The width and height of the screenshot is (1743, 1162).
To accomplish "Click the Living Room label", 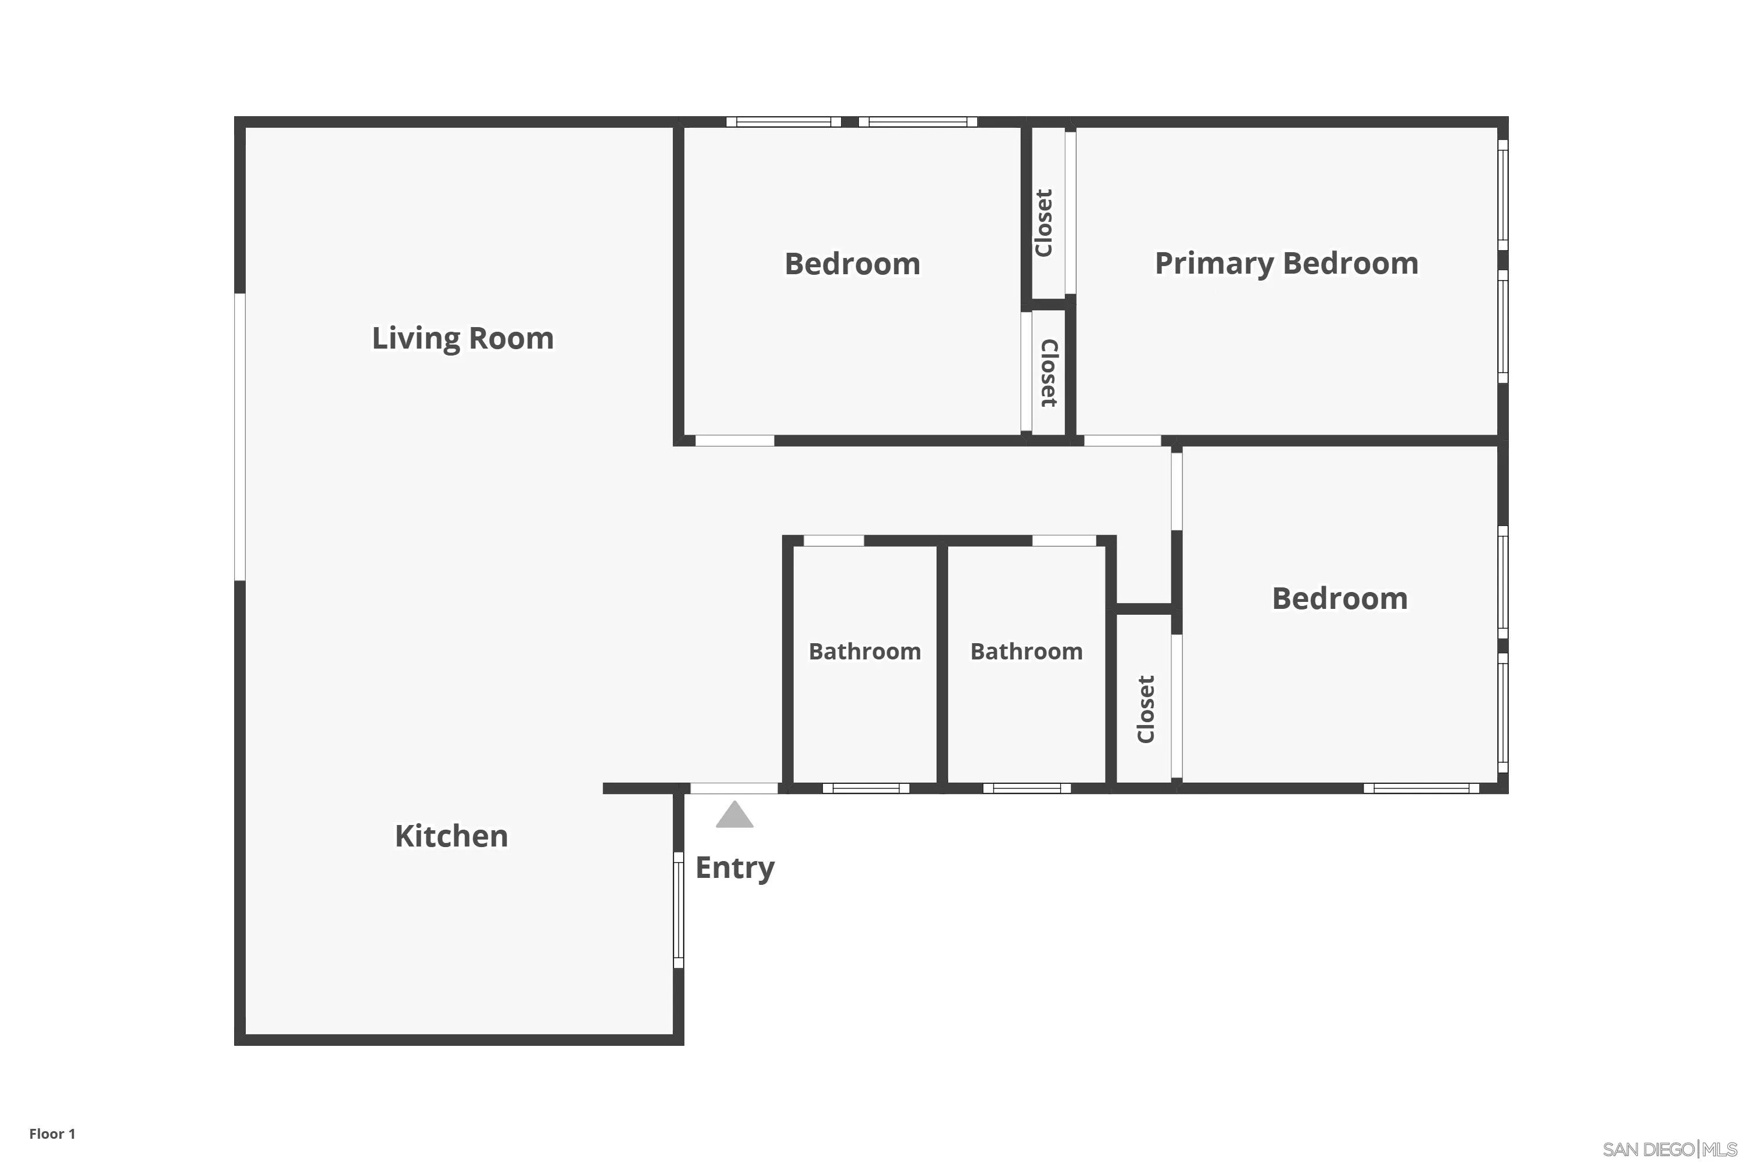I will tap(462, 339).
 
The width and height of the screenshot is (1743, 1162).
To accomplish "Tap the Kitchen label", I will tap(451, 837).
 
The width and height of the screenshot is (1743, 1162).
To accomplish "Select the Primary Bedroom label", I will tap(1286, 264).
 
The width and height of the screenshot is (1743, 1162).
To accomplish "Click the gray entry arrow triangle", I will tap(734, 815).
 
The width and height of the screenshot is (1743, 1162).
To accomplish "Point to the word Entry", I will tap(734, 868).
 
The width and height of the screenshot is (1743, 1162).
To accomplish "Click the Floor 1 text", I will tap(52, 1134).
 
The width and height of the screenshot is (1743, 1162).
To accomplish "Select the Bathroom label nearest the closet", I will tap(1027, 651).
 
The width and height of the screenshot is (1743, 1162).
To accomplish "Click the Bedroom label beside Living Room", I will tap(852, 264).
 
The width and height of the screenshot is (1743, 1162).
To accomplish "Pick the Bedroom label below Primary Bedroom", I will tap(1340, 599).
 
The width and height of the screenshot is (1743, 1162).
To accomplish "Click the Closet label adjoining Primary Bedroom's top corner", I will tap(1043, 223).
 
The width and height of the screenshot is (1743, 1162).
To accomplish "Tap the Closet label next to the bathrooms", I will tap(1146, 709).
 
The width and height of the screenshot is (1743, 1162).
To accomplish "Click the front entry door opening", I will tap(734, 788).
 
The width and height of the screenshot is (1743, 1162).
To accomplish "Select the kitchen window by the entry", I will tap(678, 910).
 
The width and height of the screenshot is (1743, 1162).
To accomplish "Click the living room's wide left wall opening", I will tap(239, 437).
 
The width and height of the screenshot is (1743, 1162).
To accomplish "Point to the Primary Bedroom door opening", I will tap(1122, 441).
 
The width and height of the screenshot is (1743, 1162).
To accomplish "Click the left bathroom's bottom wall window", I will tap(866, 788).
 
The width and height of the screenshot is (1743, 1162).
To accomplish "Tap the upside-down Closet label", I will tap(1049, 373).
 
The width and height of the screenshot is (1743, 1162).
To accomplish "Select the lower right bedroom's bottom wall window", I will tap(1421, 788).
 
